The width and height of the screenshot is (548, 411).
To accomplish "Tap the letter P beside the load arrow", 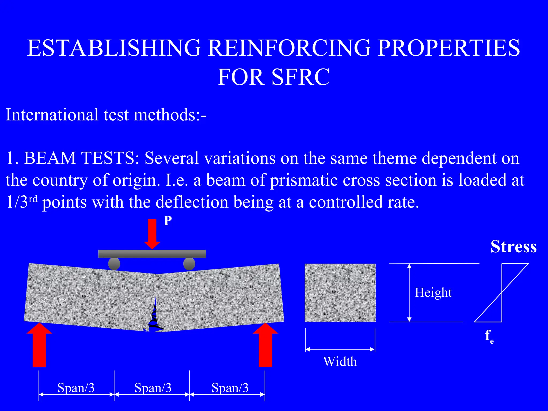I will (168, 221).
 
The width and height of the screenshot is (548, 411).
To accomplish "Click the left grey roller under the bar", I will (114, 264).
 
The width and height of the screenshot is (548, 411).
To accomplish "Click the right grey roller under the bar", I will (189, 264).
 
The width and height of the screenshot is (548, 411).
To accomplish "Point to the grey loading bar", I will (152, 254).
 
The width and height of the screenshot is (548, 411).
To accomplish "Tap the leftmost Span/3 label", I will (76, 388).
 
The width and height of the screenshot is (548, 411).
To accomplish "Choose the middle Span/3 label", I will (153, 388).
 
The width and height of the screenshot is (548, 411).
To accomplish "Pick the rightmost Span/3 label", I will (230, 388).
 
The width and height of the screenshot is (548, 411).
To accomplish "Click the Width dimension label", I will (340, 361).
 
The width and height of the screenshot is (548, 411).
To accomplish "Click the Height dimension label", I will (433, 292).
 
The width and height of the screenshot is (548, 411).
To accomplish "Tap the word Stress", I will (513, 246).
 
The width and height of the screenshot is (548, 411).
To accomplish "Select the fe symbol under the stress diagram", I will (489, 336).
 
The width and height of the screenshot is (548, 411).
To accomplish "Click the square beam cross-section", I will (340, 293).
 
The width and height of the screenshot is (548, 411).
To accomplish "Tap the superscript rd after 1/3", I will (33, 199).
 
